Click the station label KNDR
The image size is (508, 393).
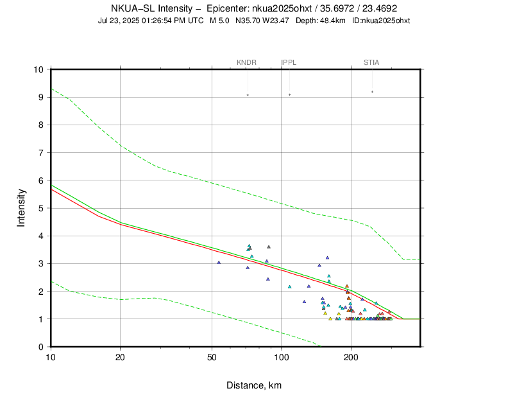[x=247, y=62]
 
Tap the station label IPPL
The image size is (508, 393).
[x=289, y=62]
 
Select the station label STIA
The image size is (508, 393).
[x=371, y=62]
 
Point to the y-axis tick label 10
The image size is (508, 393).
[x=38, y=70]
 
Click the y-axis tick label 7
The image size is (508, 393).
[x=41, y=153]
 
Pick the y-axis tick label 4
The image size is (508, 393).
[x=41, y=236]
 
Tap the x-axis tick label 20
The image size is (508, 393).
[x=121, y=358]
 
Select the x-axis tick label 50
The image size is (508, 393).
[x=212, y=358]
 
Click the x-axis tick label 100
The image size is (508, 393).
[x=282, y=358]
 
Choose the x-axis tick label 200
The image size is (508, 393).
[x=351, y=358]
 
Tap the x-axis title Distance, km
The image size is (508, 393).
[x=254, y=385]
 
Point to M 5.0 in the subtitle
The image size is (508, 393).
[x=221, y=21]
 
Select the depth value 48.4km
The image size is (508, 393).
[x=332, y=21]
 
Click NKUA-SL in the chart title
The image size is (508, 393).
[x=134, y=8]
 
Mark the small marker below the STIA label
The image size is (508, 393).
[x=372, y=92]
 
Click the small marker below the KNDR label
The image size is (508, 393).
[x=248, y=95]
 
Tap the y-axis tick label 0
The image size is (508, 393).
[x=41, y=347]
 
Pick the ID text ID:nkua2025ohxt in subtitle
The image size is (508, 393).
[x=381, y=21]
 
